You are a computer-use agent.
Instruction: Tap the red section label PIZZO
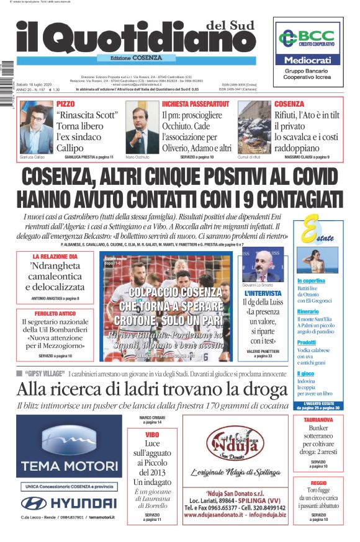pyautogui.click(x=65, y=104)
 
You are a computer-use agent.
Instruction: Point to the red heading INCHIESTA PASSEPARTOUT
pyautogui.click(x=196, y=104)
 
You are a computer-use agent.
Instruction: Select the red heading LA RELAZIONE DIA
pyautogui.click(x=55, y=256)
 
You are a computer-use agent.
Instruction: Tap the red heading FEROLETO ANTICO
pyautogui.click(x=55, y=314)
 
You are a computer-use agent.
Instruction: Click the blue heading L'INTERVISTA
pyautogui.click(x=263, y=293)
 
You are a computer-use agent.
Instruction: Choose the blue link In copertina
pyautogui.click(x=312, y=281)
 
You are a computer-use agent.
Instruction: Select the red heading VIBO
pyautogui.click(x=152, y=435)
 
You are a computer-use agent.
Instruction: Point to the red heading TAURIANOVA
pyautogui.click(x=318, y=419)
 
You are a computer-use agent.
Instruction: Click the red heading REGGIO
pyautogui.click(x=318, y=482)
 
